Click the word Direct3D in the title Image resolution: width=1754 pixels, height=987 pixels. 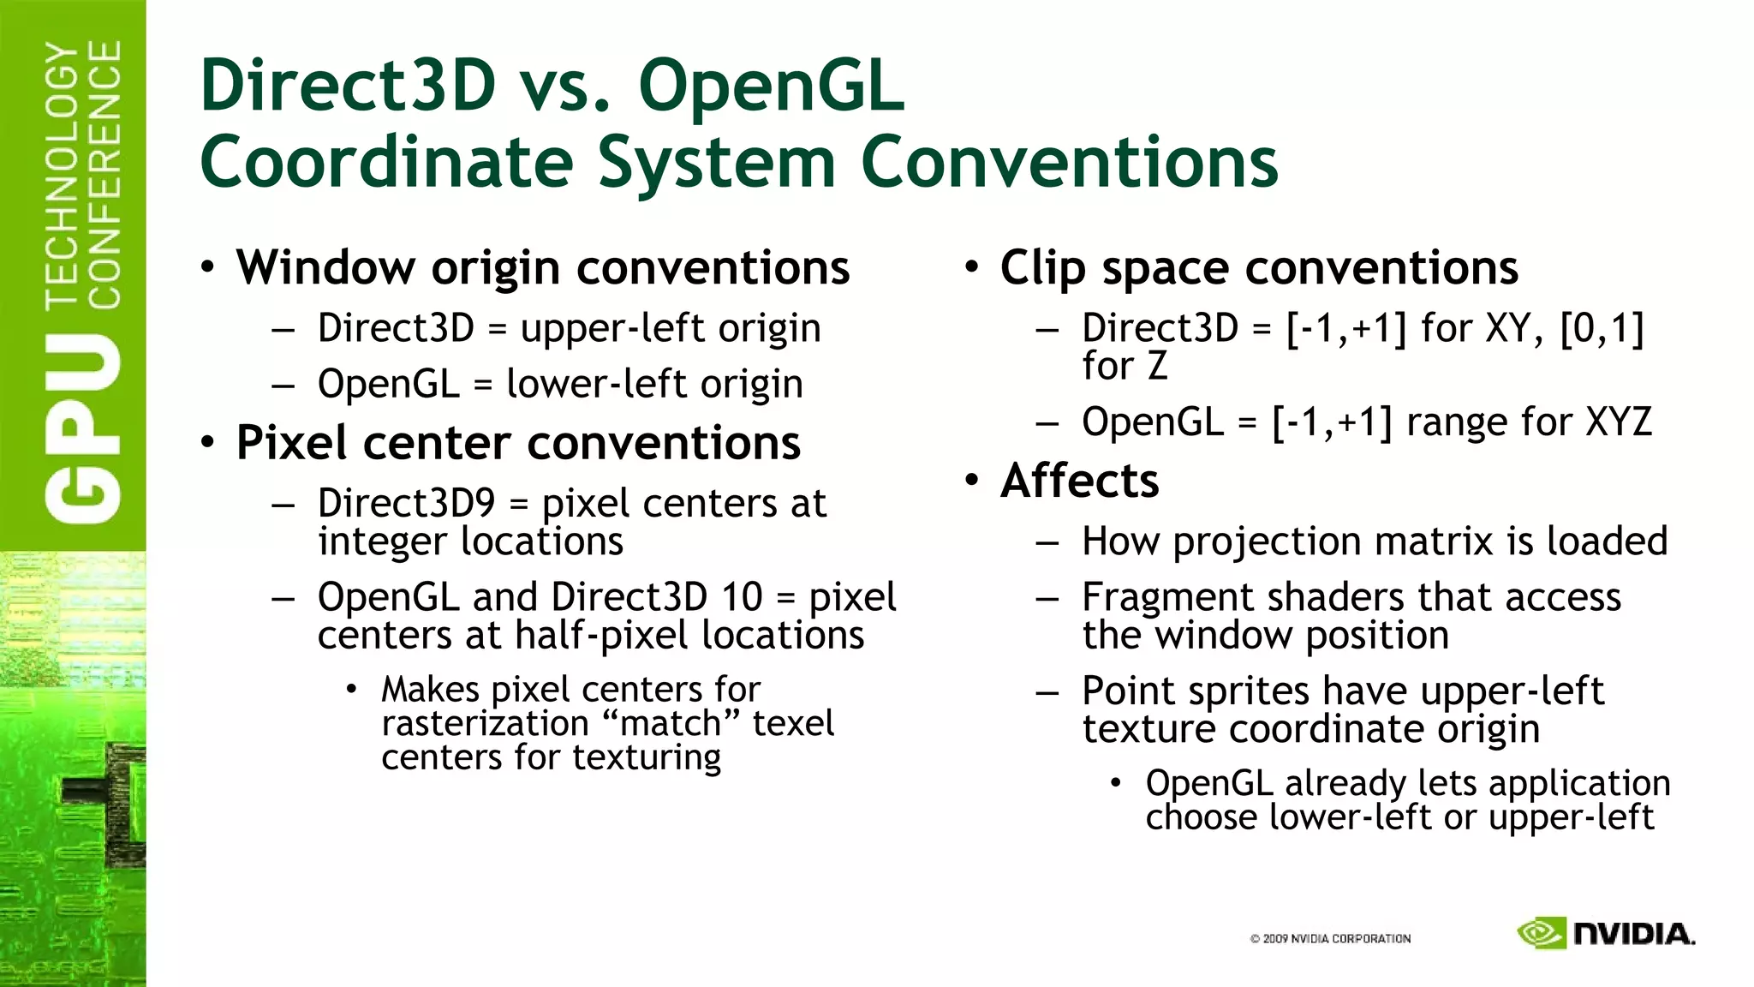click(x=348, y=86)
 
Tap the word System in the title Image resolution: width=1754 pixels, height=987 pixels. click(x=716, y=163)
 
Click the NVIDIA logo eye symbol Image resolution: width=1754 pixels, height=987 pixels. click(x=1541, y=933)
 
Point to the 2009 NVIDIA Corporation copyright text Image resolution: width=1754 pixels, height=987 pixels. click(x=1330, y=939)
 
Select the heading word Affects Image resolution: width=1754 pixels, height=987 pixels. click(x=1079, y=481)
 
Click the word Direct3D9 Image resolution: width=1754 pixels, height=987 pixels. click(x=406, y=503)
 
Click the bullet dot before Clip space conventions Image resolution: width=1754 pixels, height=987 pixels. click(x=970, y=266)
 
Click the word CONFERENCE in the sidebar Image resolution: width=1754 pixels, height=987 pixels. click(x=104, y=176)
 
